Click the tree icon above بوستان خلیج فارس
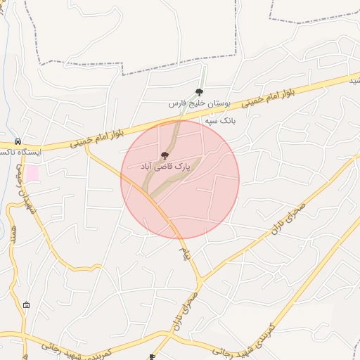[x=199, y=92]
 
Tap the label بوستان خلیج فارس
[x=199, y=103]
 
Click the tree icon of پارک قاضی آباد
[x=165, y=155]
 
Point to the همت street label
[x=13, y=233]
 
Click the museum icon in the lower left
[x=27, y=304]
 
